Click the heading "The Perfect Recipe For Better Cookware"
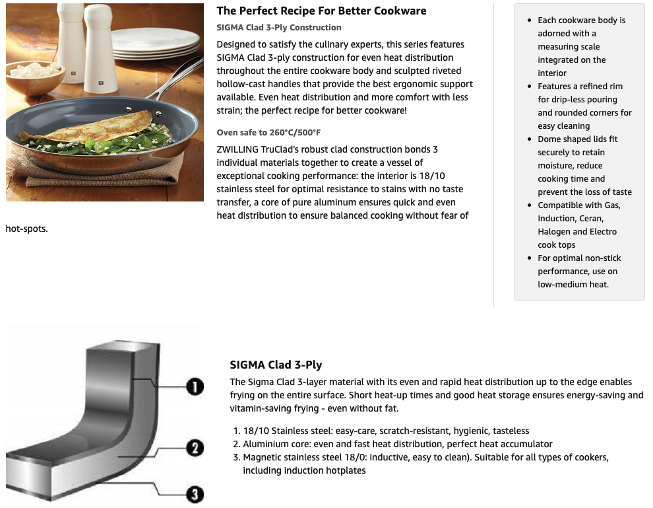tap(321, 11)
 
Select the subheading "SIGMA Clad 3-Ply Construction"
tap(278, 28)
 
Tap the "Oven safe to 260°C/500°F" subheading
tap(268, 133)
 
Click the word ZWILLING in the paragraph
tap(237, 149)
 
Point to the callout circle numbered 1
tap(195, 386)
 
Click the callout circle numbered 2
tap(195, 449)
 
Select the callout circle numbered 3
tap(195, 495)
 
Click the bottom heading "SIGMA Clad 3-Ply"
tap(276, 365)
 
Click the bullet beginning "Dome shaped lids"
tap(584, 166)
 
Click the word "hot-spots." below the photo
tap(26, 229)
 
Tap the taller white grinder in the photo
tap(101, 46)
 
